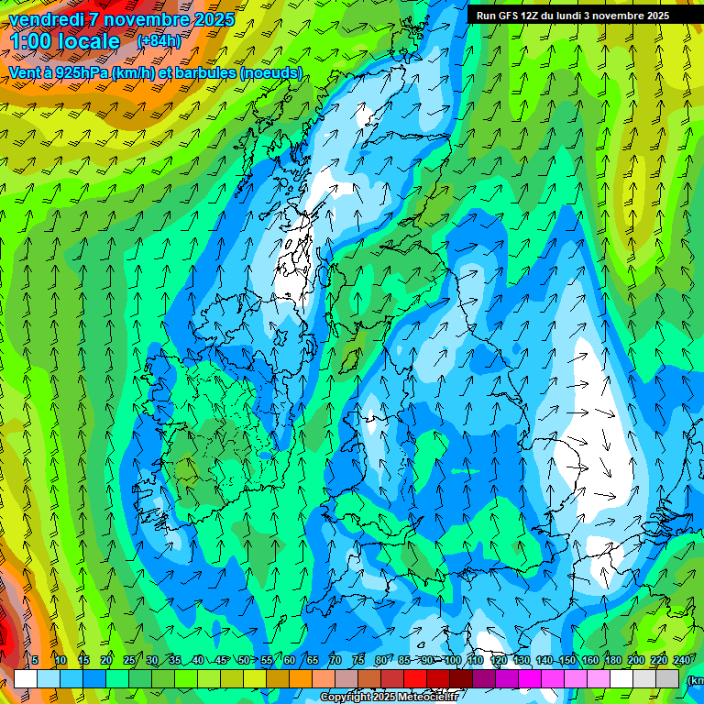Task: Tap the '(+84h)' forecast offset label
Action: coord(159,41)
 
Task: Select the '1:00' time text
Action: coord(29,41)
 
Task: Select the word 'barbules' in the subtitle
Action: coord(205,73)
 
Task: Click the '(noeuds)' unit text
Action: coord(271,73)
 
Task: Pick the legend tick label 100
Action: coord(452,660)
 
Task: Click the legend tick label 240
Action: coord(681,660)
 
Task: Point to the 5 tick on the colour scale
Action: coord(35,660)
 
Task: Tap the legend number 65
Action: coord(313,660)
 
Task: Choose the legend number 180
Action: coord(612,660)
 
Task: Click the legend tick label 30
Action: coord(152,660)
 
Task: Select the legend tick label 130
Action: coord(521,660)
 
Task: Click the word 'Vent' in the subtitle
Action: coord(25,73)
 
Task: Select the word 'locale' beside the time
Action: coord(90,41)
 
